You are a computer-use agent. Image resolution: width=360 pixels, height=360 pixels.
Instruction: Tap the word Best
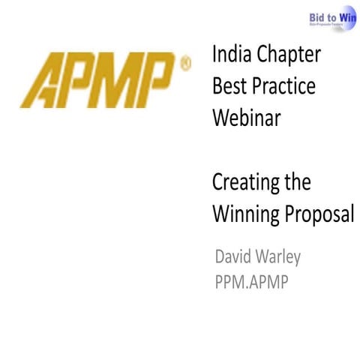coord(229,86)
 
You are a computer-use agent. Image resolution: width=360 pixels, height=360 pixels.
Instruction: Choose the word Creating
coord(247,183)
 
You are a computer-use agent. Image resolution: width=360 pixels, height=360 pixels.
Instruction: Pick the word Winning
coord(244,214)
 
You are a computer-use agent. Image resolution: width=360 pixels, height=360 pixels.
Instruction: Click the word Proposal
coord(318,214)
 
